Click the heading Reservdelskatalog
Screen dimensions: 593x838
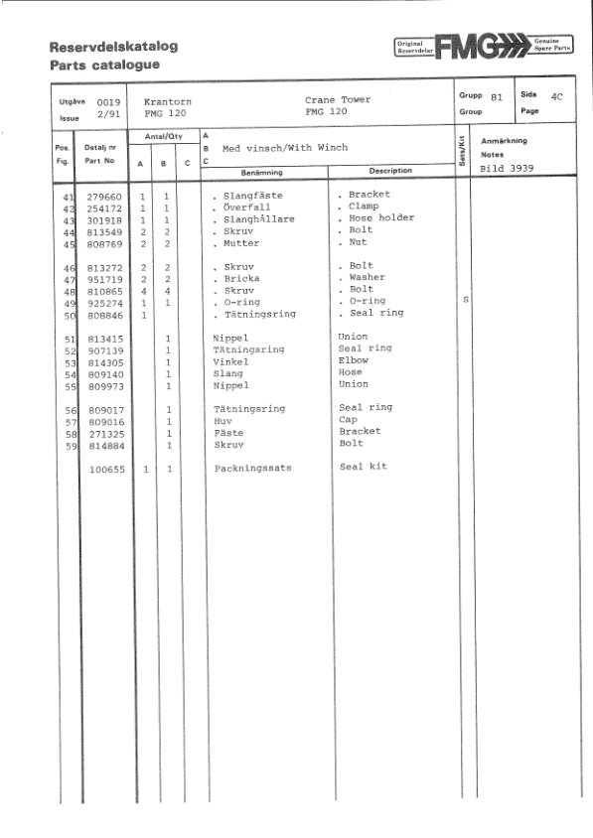(x=112, y=47)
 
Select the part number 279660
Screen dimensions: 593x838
(x=104, y=197)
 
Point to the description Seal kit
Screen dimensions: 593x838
(x=364, y=467)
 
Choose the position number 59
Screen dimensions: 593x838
(x=70, y=446)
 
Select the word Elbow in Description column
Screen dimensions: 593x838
(x=354, y=360)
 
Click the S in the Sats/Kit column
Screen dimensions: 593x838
(x=466, y=299)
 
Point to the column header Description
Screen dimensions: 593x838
(x=390, y=171)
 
